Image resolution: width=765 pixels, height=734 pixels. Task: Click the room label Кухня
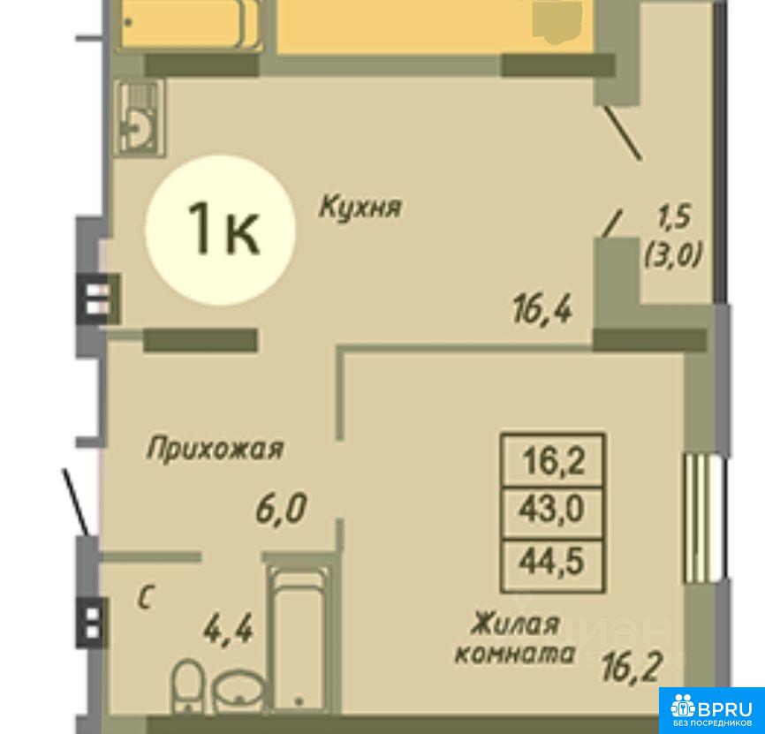click(360, 207)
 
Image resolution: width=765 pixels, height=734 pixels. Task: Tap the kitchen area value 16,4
click(542, 310)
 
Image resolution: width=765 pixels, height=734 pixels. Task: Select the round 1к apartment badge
click(221, 230)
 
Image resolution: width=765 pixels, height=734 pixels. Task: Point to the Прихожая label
click(215, 448)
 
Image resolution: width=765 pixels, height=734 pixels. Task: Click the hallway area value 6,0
click(281, 509)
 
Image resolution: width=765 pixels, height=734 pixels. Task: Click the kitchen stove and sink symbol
click(139, 117)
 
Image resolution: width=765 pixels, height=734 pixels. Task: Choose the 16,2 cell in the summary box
click(553, 460)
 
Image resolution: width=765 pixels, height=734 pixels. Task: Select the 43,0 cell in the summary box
click(552, 512)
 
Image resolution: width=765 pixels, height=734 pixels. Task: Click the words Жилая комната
click(515, 639)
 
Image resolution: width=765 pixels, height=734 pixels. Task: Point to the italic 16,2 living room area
click(632, 668)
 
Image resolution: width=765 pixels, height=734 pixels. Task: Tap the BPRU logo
click(712, 710)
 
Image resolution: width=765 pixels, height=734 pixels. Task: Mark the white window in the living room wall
click(704, 518)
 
